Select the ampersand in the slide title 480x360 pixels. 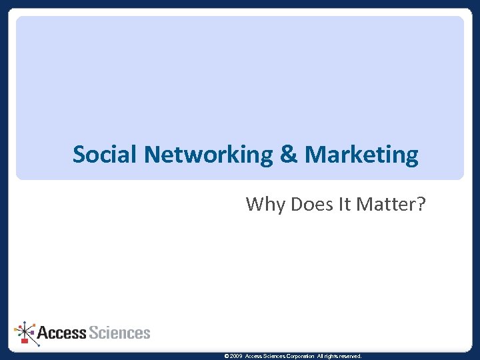pos(289,155)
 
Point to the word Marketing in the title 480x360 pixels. pos(361,155)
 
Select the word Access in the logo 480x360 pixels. pos(62,332)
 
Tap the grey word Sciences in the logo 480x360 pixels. pos(120,332)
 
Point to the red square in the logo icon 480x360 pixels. pos(25,341)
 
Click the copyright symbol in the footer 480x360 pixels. pos(227,357)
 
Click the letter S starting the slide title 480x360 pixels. pos(79,155)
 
